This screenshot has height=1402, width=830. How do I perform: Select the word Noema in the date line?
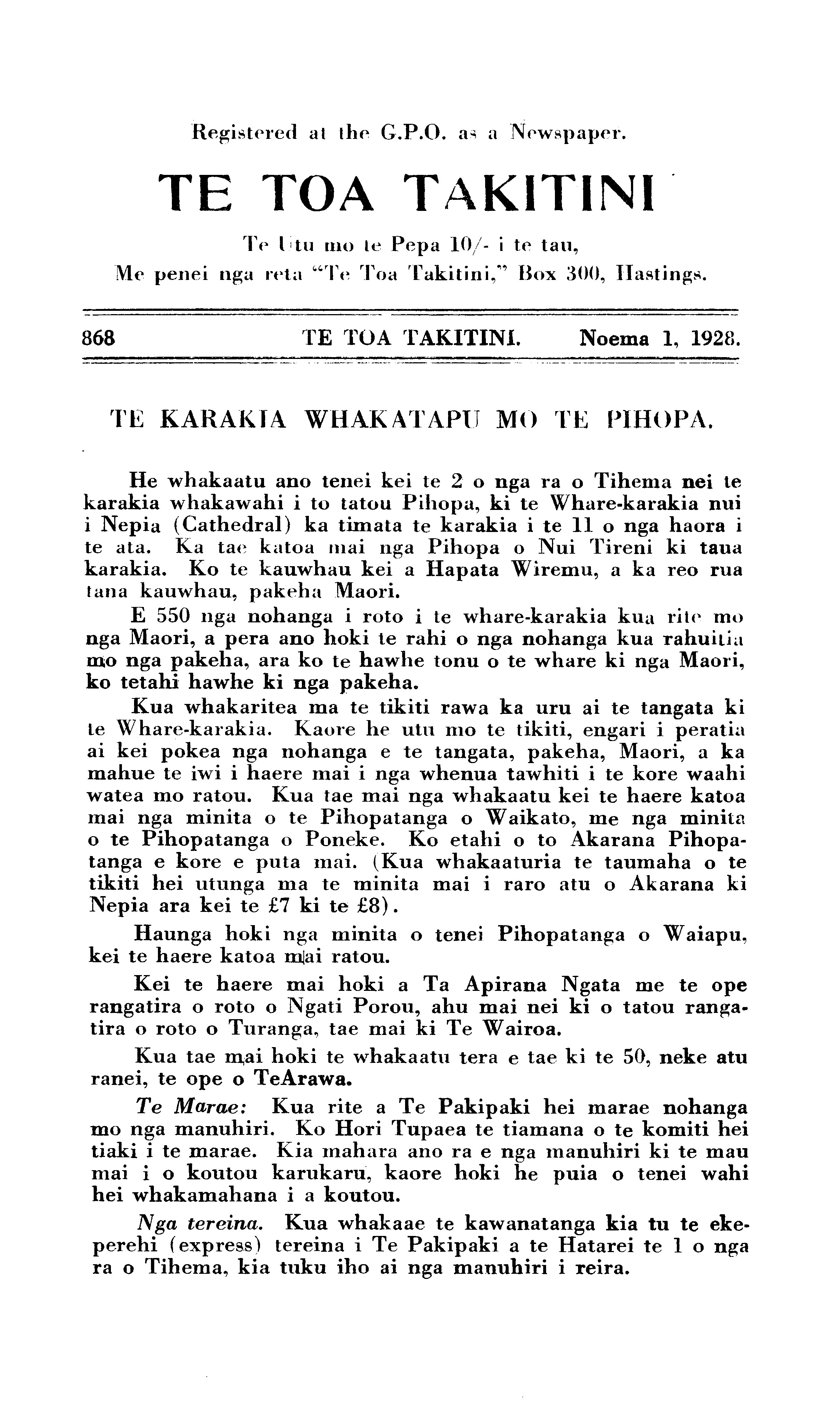click(614, 338)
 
